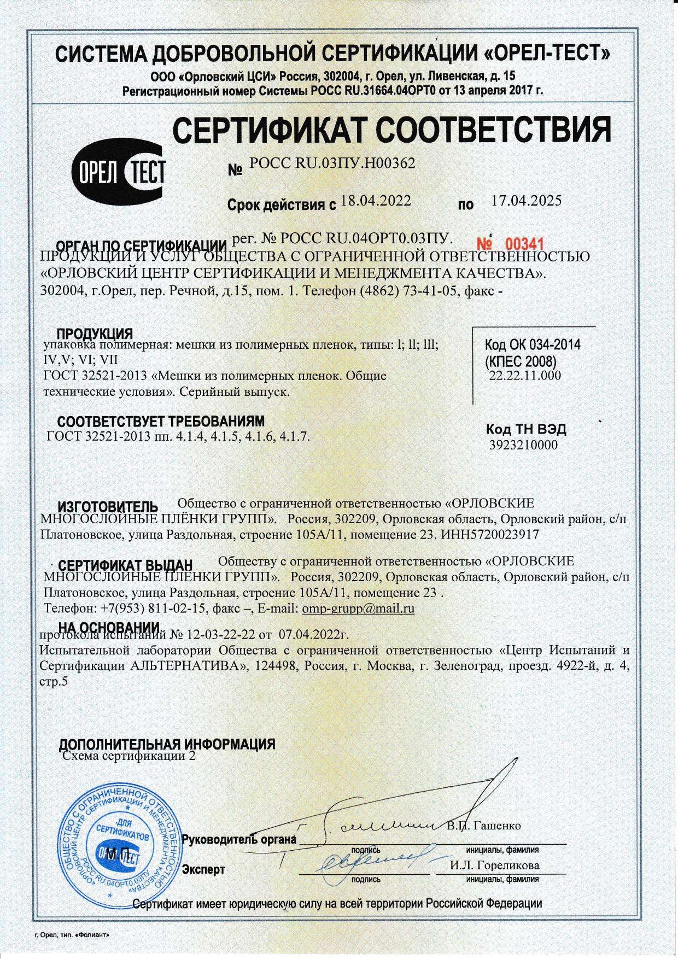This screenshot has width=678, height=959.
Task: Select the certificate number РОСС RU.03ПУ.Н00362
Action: (x=332, y=162)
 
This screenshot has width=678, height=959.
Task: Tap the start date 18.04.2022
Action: (x=375, y=200)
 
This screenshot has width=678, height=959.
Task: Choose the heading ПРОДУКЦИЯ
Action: (x=95, y=334)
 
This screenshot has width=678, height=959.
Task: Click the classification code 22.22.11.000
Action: (x=524, y=376)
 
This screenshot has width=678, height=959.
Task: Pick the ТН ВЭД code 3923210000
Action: (x=523, y=445)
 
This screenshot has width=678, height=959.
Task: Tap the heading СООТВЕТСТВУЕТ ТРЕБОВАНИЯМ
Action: (x=161, y=421)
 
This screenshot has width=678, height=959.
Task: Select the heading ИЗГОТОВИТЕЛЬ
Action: (x=108, y=506)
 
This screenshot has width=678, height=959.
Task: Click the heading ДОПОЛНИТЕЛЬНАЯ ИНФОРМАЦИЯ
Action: (x=167, y=744)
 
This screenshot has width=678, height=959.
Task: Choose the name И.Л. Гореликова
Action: (x=495, y=866)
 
